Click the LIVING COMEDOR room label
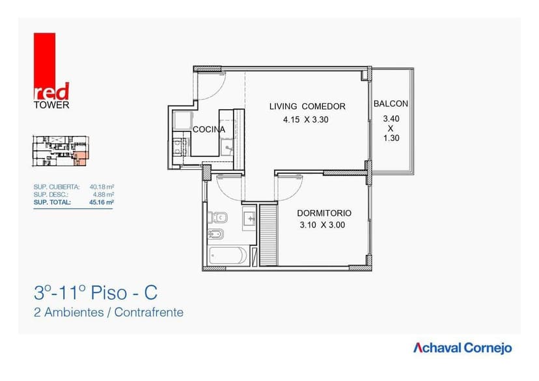pos(307,107)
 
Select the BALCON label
pos(391,104)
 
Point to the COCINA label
pos(209,129)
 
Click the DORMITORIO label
pos(324,213)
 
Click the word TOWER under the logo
pos(51,105)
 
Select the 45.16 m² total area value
pos(101,202)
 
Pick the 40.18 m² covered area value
pos(102,187)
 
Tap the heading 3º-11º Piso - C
pos(96,291)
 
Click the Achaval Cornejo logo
pos(462,348)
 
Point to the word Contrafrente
pos(149,313)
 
